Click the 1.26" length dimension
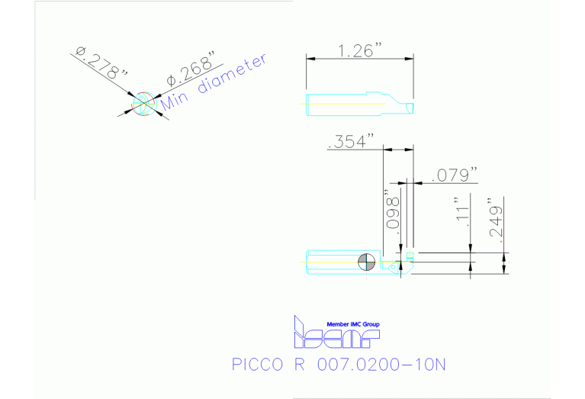[359, 50]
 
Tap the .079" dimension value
[455, 175]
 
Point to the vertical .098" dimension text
[394, 211]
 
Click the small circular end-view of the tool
[143, 105]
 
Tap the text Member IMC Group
[352, 324]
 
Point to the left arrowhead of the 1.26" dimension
[309, 59]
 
